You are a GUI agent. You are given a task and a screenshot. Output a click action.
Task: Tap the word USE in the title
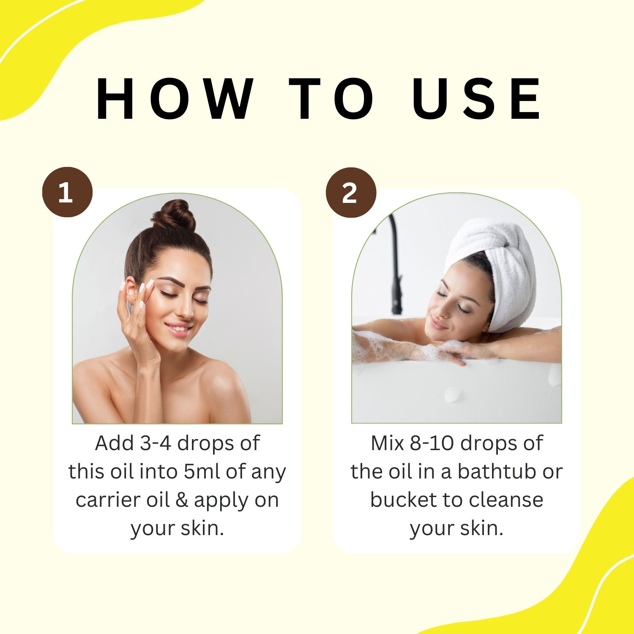point(476,99)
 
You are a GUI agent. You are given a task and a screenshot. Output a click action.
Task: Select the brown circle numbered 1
point(67,192)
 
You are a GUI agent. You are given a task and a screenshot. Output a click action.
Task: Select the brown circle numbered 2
point(351,192)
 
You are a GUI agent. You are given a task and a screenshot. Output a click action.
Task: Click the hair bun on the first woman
point(174,216)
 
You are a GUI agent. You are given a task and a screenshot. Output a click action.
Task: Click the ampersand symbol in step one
point(181,500)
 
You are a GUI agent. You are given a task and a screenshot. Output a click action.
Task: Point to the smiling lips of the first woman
point(178,328)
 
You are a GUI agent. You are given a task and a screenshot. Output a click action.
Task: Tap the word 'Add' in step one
point(109,443)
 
